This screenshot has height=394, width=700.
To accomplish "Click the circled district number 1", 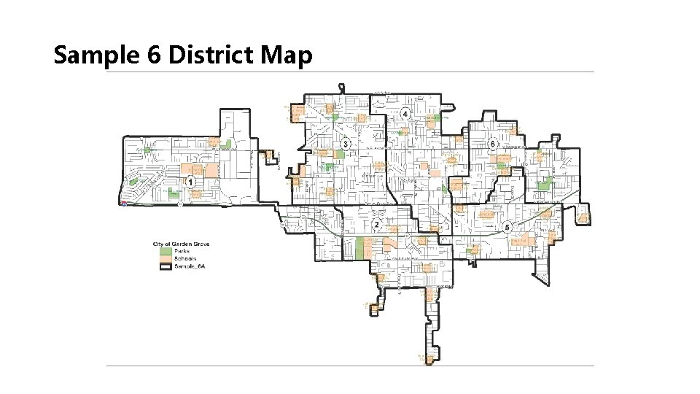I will pos(190,181).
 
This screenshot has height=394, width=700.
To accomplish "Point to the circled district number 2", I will pos(377,224).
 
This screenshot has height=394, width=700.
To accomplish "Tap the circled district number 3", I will pos(345,144).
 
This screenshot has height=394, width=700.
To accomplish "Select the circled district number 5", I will pos(507,227).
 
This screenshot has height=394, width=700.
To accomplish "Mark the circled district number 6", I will pos(494,144).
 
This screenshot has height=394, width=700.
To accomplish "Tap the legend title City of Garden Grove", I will pos(180,243).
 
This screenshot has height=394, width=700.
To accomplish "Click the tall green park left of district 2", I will pos(359,247).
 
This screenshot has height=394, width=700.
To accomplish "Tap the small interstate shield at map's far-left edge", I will pos(125,205).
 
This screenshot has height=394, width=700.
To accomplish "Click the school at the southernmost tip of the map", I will pos(430,358).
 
